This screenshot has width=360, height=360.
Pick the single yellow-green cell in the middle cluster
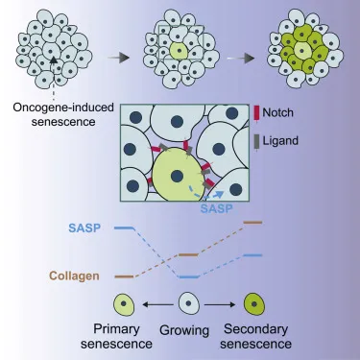point(180,47)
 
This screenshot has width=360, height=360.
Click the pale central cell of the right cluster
point(303,47)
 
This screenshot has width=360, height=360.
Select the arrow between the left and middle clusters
point(118,58)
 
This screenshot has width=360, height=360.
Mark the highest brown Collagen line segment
point(252,222)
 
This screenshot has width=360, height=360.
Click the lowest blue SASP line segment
point(189,277)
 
